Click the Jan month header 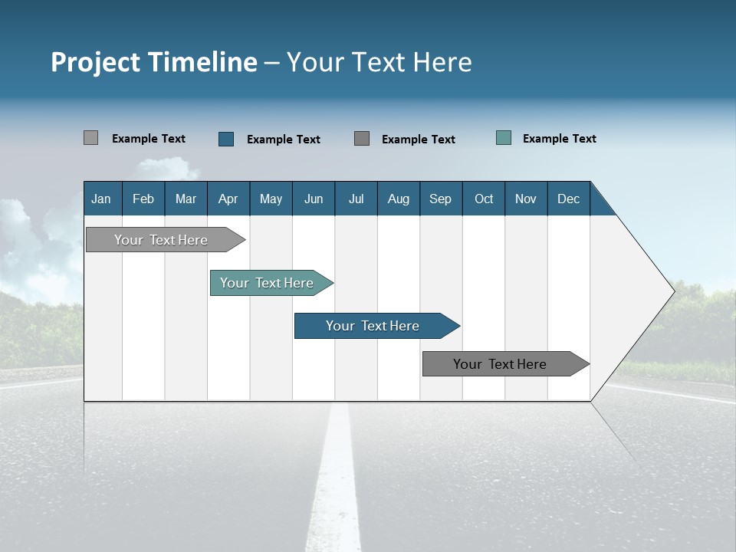pos(101,199)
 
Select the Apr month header pos(228,199)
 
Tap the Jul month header pos(356,199)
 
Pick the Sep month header pos(440,199)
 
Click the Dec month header pos(568,199)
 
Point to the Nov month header pos(525,199)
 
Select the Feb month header pos(143,199)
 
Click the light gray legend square pos(90,138)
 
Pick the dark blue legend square pos(226,139)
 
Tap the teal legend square pos(504,138)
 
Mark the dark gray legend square pos(362,139)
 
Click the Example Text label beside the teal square pos(559,139)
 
